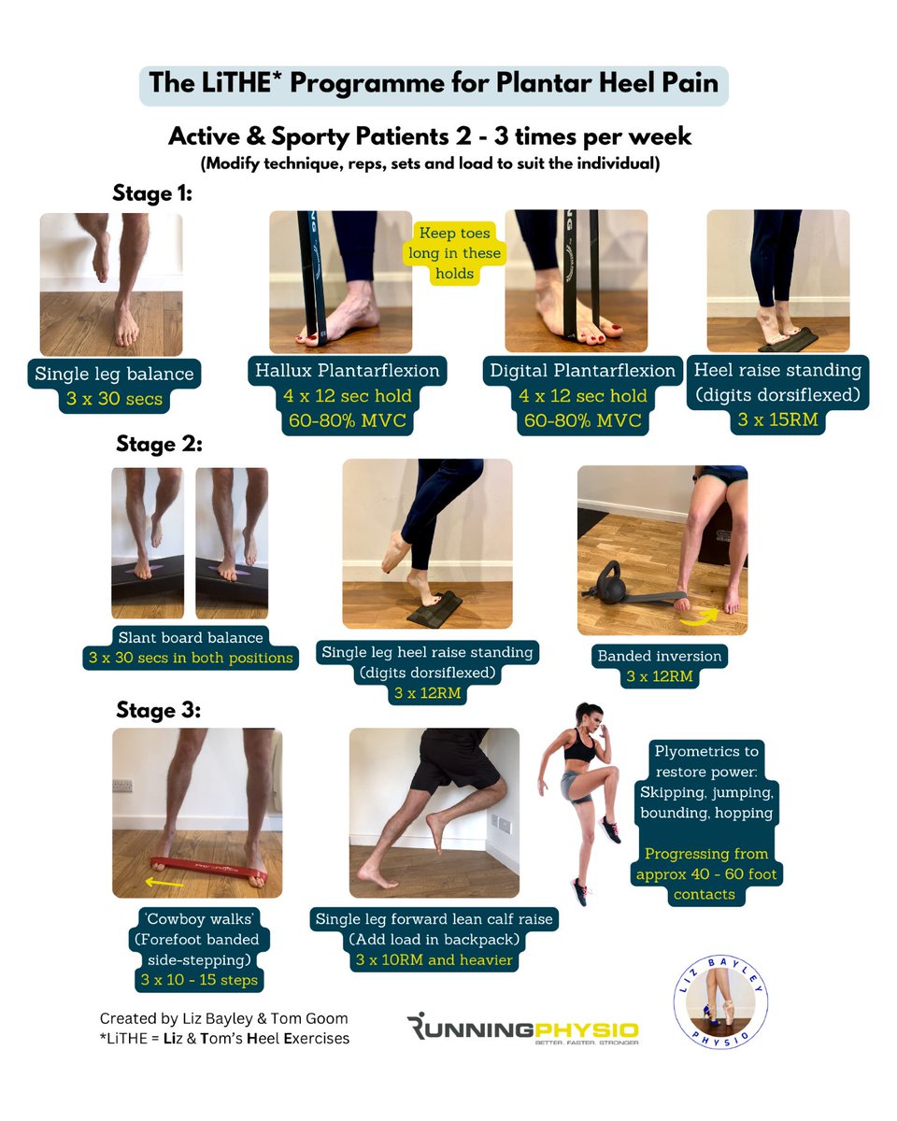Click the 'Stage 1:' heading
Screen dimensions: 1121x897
(152, 193)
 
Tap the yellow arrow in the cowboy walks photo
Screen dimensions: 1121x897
(167, 881)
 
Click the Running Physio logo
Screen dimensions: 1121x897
(523, 1029)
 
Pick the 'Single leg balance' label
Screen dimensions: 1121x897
(114, 374)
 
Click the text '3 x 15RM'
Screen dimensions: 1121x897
(777, 419)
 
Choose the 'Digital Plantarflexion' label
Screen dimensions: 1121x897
(582, 371)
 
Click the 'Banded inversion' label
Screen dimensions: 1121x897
(660, 656)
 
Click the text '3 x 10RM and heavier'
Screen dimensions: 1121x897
(434, 960)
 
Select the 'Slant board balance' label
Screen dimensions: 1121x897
(191, 637)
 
